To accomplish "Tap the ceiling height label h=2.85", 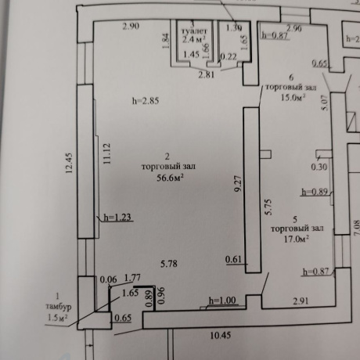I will click(145, 101).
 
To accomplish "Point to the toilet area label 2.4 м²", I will click(193, 37).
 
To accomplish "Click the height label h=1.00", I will click(221, 300).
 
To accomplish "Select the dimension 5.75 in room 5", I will click(268, 205).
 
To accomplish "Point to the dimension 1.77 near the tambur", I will click(134, 277).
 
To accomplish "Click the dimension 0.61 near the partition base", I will click(233, 259).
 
